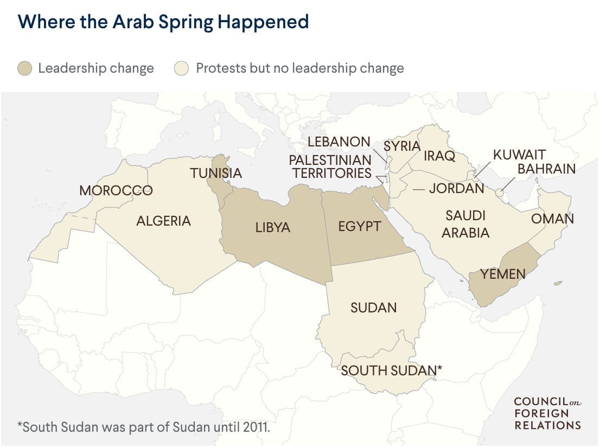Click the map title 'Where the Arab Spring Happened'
click(163, 22)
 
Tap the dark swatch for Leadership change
click(25, 68)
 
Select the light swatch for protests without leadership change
click(181, 68)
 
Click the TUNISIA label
click(215, 174)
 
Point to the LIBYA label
click(273, 227)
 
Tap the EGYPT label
click(359, 226)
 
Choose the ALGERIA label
click(163, 221)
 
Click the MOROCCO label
click(116, 190)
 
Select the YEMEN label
click(503, 274)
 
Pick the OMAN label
click(552, 219)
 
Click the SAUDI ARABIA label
click(465, 224)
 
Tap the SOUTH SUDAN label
click(391, 370)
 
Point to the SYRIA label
click(402, 146)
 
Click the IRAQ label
click(439, 156)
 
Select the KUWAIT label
click(519, 155)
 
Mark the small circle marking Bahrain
click(499, 193)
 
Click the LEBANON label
click(339, 142)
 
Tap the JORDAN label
click(456, 188)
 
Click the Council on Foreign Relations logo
click(547, 413)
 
